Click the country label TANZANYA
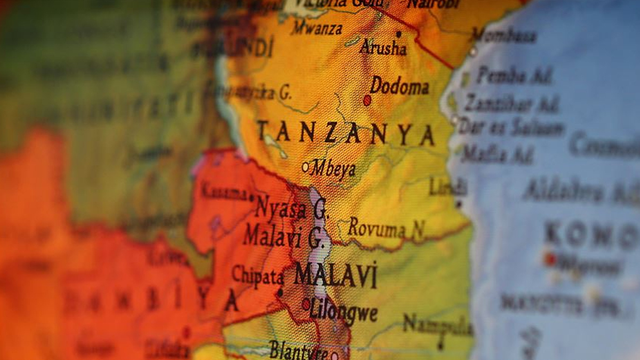tap(346, 133)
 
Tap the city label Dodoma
tap(400, 85)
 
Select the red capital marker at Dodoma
tap(367, 100)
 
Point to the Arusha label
tap(383, 47)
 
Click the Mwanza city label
tap(317, 27)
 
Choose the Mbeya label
tap(333, 170)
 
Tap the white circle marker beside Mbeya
tap(306, 167)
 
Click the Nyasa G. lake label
tap(290, 208)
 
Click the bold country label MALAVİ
tap(335, 275)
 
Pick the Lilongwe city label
tap(343, 312)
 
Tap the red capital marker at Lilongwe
tap(306, 304)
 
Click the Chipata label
tap(258, 276)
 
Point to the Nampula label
tap(437, 324)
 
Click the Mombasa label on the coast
tap(504, 36)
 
